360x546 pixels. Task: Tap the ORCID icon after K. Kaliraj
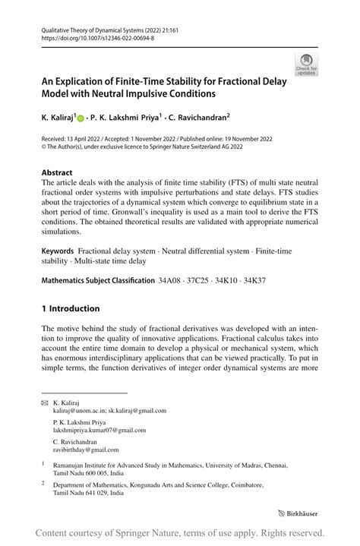tap(79, 119)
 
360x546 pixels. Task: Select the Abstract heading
tap(58, 172)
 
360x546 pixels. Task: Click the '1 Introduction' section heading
tap(71, 308)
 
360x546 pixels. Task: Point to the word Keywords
tap(58, 251)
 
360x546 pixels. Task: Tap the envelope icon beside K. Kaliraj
tap(46, 402)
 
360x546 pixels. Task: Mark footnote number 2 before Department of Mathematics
tap(44, 482)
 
